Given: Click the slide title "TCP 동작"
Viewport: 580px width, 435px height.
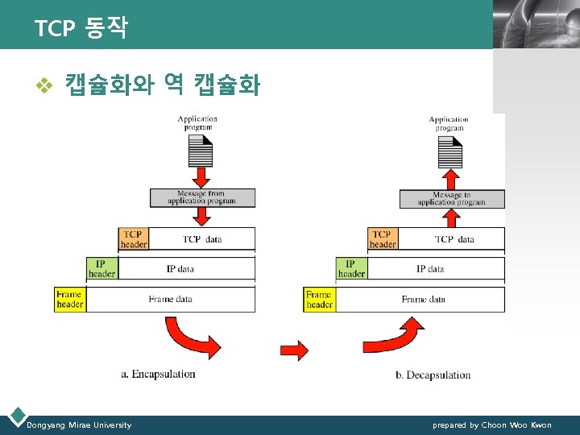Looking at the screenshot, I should pyautogui.click(x=81, y=29).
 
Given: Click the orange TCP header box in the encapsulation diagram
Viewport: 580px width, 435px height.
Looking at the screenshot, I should pyautogui.click(x=134, y=238).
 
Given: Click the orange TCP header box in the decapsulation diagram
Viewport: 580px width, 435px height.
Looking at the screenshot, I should pyautogui.click(x=383, y=238).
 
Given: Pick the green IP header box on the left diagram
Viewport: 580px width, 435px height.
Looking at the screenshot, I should pyautogui.click(x=101, y=268).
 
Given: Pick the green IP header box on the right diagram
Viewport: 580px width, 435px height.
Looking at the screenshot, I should pyautogui.click(x=351, y=268).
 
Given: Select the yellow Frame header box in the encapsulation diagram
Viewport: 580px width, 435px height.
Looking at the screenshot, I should pyautogui.click(x=69, y=299).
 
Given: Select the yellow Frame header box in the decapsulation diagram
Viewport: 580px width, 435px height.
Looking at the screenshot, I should pyautogui.click(x=319, y=299).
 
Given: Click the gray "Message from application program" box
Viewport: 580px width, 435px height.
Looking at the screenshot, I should pyautogui.click(x=202, y=197).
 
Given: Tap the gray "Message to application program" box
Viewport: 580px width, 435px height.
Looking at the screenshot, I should pyautogui.click(x=452, y=198).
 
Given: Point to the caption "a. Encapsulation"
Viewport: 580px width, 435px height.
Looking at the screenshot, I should pyautogui.click(x=158, y=374).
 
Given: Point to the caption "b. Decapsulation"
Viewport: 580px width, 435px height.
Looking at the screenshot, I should pyautogui.click(x=433, y=375).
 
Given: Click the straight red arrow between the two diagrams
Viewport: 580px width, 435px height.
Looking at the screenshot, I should pyautogui.click(x=293, y=350).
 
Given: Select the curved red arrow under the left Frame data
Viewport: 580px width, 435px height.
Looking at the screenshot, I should pyautogui.click(x=190, y=337).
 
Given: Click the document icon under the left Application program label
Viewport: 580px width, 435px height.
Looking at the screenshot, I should pyautogui.click(x=201, y=151).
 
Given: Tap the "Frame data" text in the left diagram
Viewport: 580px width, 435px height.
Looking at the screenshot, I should pyautogui.click(x=171, y=299).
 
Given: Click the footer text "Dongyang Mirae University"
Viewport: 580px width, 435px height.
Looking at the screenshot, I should pyautogui.click(x=79, y=425).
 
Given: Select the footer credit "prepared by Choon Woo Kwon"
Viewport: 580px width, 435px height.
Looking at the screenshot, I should pyautogui.click(x=492, y=425).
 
